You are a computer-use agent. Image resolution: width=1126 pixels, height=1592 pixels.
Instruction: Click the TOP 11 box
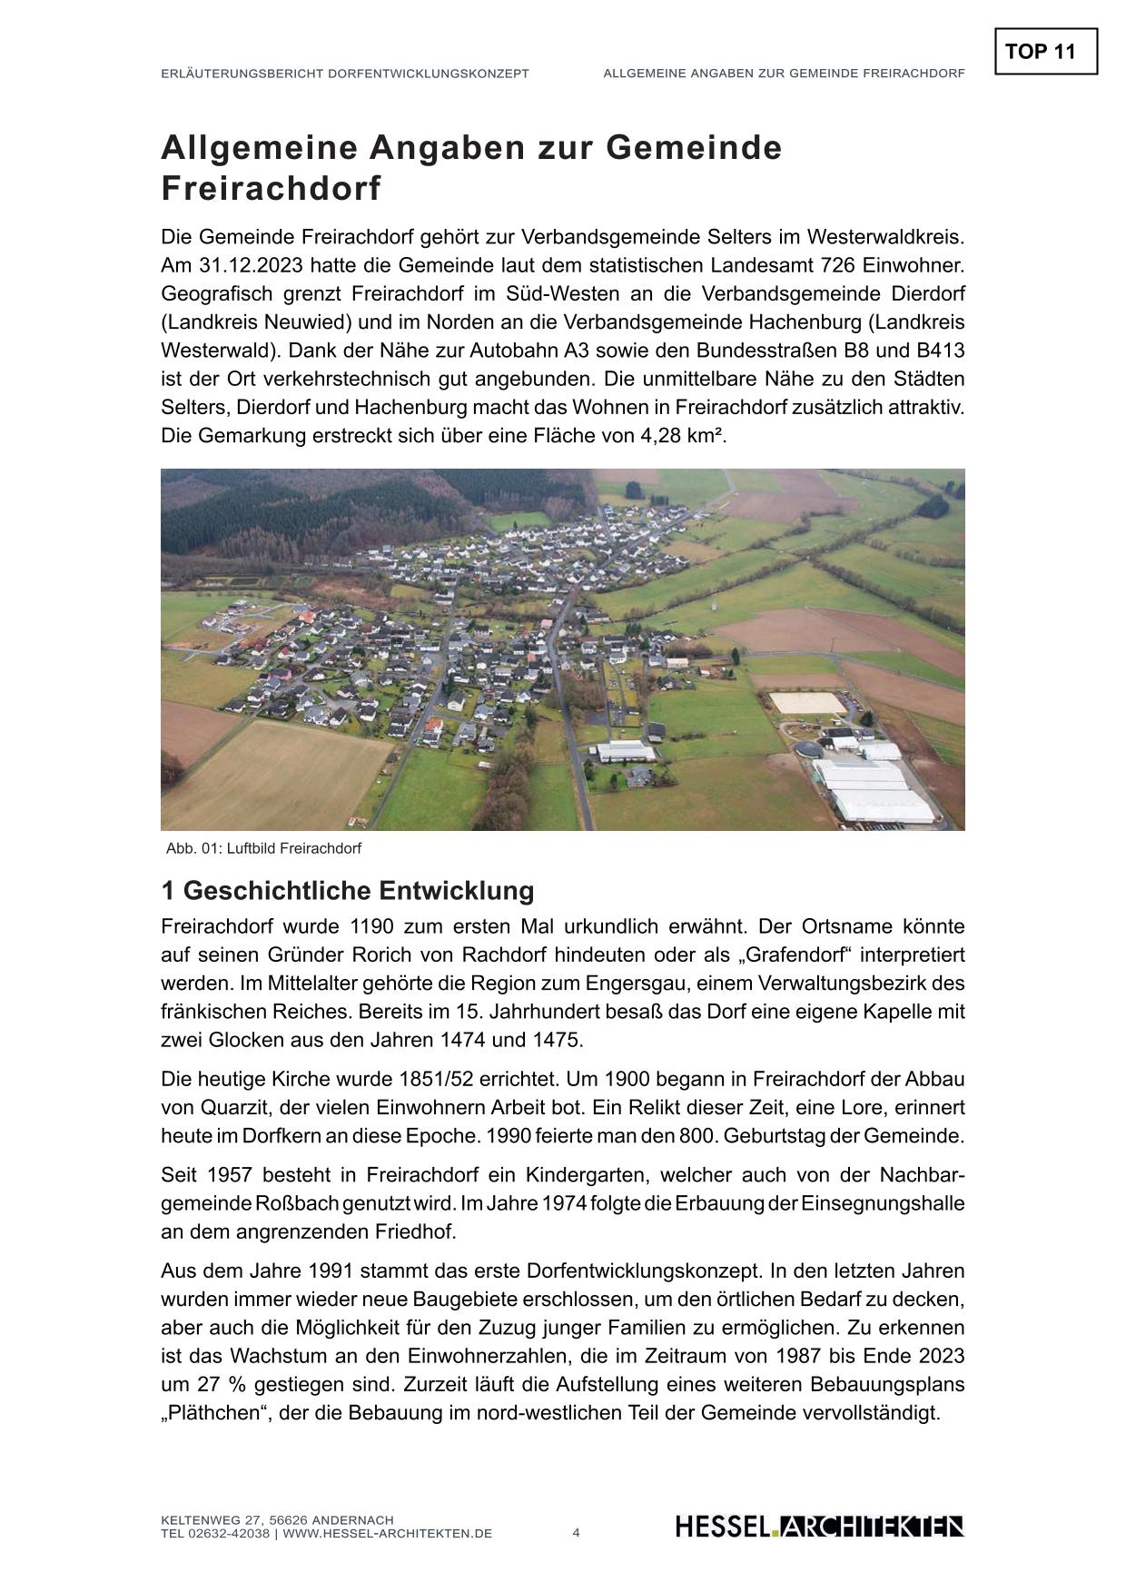tap(1046, 51)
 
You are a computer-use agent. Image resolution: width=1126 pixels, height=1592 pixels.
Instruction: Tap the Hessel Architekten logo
tap(819, 1527)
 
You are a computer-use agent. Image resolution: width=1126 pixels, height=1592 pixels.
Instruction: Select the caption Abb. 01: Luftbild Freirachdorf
tap(263, 849)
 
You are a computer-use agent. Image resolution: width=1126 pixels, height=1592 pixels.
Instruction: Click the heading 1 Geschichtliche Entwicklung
tap(348, 891)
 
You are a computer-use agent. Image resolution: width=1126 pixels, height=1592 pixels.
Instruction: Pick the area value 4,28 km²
tap(682, 436)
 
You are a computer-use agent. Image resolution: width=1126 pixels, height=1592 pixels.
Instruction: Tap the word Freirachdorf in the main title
tap(271, 189)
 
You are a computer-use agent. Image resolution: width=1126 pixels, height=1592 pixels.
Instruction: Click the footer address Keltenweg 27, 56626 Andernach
tap(277, 1520)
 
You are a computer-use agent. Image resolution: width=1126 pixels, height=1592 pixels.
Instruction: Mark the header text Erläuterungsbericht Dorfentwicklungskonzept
tap(344, 74)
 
